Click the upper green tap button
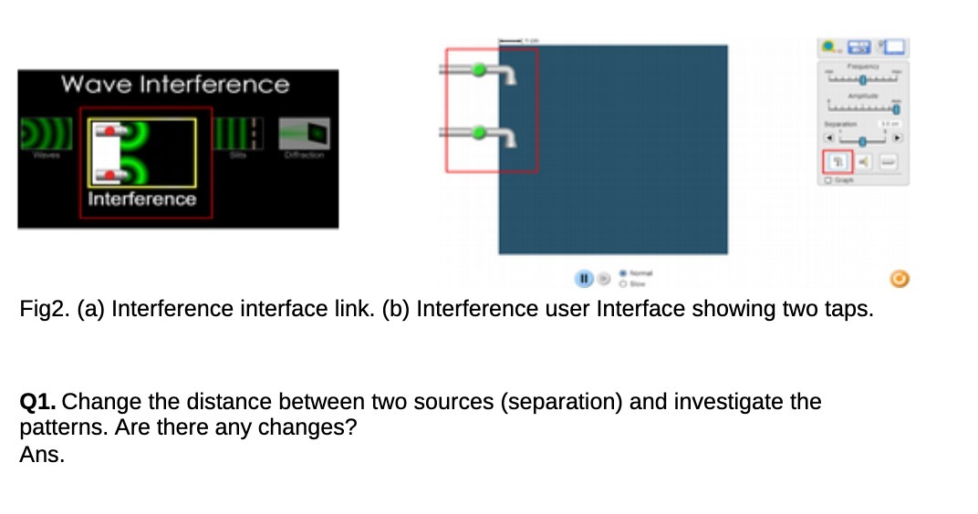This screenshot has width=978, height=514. pos(479,69)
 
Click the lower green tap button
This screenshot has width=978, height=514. pos(479,133)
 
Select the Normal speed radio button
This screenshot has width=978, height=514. pos(623,272)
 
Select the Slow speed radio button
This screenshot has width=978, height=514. pos(623,282)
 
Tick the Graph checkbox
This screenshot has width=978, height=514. pos(827,180)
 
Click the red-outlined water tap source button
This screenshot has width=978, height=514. pos(837,161)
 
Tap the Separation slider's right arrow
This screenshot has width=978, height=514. pos(897,139)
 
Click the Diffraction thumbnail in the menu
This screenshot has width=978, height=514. pos(305,135)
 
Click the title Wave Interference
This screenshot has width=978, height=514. pos(174,85)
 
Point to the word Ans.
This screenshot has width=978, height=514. pos(42,456)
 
